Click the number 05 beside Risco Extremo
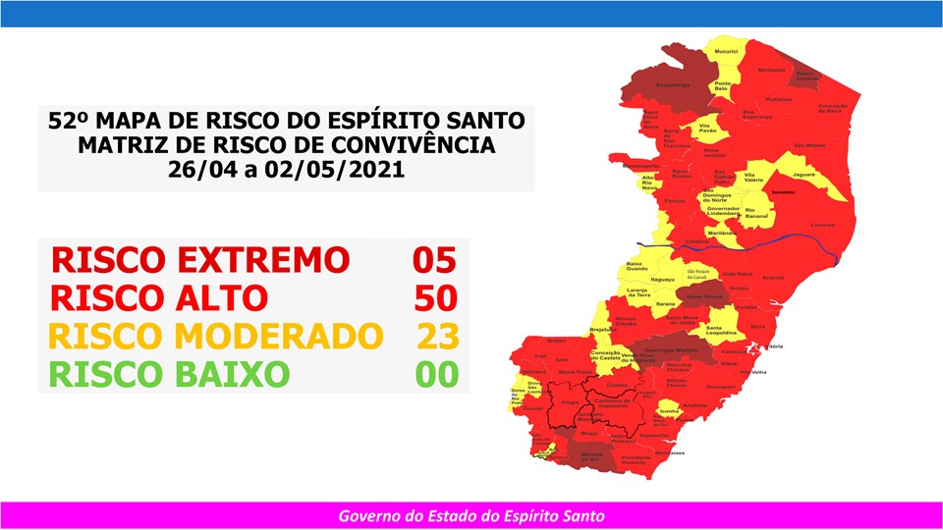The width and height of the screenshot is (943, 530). tap(434, 260)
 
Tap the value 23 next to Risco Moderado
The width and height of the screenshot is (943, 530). tap(437, 336)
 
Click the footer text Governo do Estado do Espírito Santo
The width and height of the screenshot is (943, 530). tap(471, 515)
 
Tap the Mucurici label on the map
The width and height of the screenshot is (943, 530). tap(726, 50)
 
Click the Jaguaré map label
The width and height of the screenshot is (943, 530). tap(804, 173)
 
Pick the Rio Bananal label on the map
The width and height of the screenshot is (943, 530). tap(756, 211)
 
